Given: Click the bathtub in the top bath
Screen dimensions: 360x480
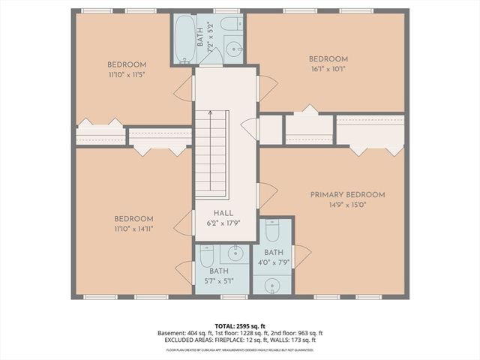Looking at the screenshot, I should coord(184,38).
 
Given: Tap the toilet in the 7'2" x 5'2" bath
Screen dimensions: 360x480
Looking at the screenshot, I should coord(232,23).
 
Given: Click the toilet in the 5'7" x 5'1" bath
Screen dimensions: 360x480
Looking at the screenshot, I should coord(207,256).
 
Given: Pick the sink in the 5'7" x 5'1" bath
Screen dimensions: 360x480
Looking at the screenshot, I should coord(236,253).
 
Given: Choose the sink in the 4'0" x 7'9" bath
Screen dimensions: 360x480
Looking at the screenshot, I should coord(273,285).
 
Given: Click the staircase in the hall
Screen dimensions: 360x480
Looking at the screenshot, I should coord(211,154).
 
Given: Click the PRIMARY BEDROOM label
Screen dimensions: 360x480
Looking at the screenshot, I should coord(347,195).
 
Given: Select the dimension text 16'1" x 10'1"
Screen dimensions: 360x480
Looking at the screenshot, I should coord(328,69).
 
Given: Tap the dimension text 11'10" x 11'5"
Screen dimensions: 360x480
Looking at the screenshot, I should coord(127,74).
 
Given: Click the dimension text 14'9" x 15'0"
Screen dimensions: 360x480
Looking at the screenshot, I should coord(347,205).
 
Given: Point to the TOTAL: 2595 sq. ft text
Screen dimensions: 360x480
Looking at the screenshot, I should coord(239,325).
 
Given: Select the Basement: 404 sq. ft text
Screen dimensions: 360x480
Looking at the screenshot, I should coord(184,333).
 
